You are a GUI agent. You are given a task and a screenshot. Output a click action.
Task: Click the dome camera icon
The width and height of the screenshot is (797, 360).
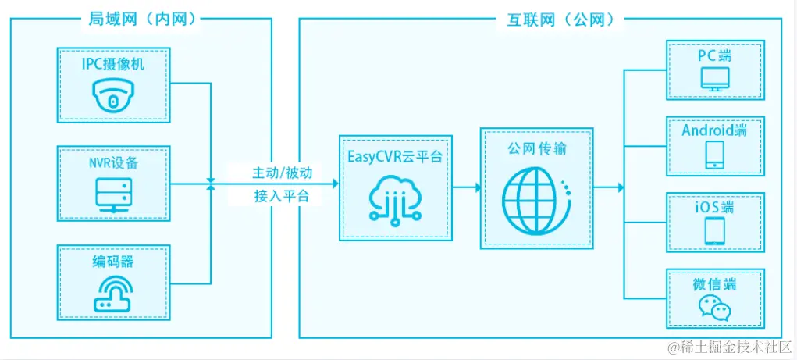coord(113,98)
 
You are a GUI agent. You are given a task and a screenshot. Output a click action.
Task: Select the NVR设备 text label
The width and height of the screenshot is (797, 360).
coord(113,162)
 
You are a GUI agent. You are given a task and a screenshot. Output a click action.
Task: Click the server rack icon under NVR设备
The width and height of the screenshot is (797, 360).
coord(113,193)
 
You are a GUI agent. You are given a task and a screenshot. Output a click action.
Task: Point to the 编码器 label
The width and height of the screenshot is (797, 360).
coord(113,260)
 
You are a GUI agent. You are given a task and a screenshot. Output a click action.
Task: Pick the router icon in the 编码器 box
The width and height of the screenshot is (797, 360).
coord(113,294)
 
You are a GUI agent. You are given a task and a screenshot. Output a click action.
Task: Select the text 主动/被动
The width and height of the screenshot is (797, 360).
coord(282,173)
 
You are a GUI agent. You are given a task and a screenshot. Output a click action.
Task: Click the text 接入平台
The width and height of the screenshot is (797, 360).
coord(282,196)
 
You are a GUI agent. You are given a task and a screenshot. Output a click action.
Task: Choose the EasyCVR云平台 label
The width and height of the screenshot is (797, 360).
coord(395,157)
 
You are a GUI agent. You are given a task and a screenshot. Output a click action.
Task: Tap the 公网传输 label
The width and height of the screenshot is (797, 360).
coord(536,149)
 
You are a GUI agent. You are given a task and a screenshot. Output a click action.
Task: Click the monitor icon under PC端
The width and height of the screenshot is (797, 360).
coord(715,80)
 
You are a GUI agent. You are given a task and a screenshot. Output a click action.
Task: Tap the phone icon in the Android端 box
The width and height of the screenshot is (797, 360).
coord(715,155)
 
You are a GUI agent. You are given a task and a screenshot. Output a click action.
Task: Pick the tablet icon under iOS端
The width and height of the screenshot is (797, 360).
coord(715,230)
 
